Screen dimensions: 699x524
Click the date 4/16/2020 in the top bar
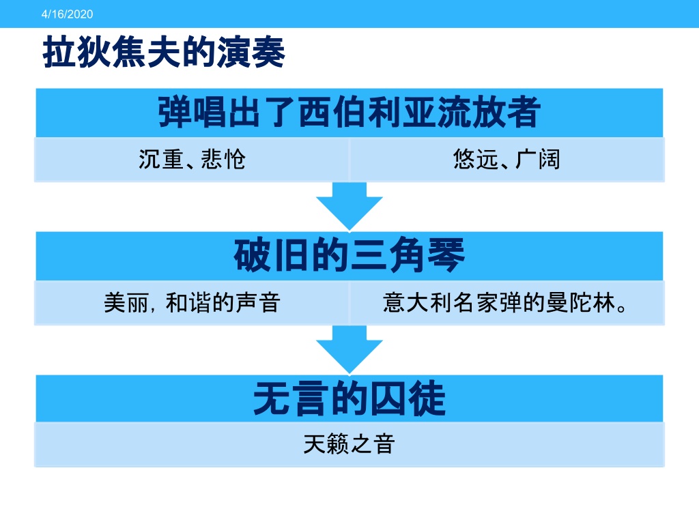click(68, 14)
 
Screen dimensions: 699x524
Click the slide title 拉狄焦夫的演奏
click(164, 52)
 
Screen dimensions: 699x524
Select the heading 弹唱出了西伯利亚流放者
click(349, 112)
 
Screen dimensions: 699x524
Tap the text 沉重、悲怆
click(192, 159)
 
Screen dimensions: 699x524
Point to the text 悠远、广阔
click(507, 159)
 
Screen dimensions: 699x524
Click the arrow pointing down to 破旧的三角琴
click(349, 206)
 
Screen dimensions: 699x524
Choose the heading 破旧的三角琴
click(349, 255)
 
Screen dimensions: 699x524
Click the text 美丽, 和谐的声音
click(192, 303)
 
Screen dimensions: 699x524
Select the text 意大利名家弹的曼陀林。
click(505, 303)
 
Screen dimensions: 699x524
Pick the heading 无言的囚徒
click(349, 398)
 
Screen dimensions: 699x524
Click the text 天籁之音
click(349, 443)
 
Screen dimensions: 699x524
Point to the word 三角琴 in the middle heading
click(408, 255)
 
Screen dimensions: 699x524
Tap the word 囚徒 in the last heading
click(408, 398)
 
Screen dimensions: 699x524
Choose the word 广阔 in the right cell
click(538, 159)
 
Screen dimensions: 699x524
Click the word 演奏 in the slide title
click(251, 52)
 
